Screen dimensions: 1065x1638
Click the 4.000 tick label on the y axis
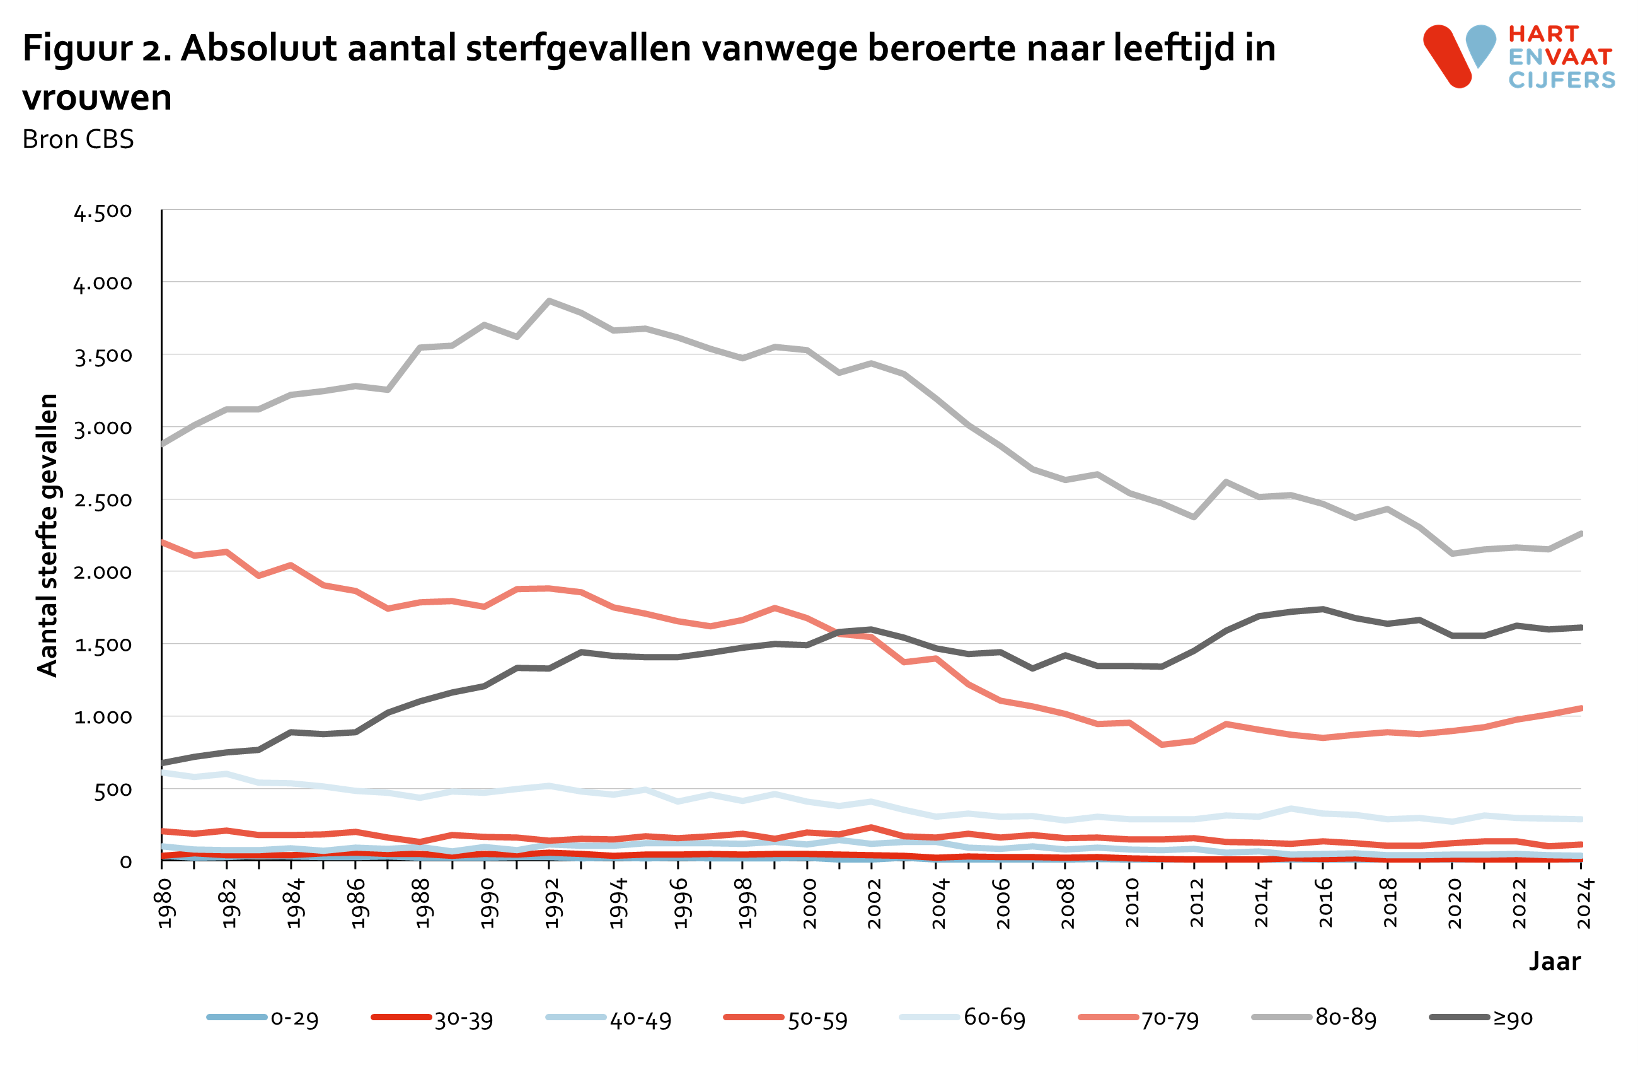(103, 283)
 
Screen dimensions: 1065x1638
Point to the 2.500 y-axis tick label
(103, 500)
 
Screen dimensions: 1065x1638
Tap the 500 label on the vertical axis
(113, 789)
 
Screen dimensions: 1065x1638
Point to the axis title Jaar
(1555, 960)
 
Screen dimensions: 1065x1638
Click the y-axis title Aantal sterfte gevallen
(47, 535)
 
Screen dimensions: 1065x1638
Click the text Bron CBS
(78, 139)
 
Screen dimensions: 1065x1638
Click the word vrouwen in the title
(97, 98)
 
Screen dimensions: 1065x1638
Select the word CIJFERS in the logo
(1562, 81)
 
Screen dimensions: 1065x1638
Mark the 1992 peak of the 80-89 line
(549, 301)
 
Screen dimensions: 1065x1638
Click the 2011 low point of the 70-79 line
(1162, 745)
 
